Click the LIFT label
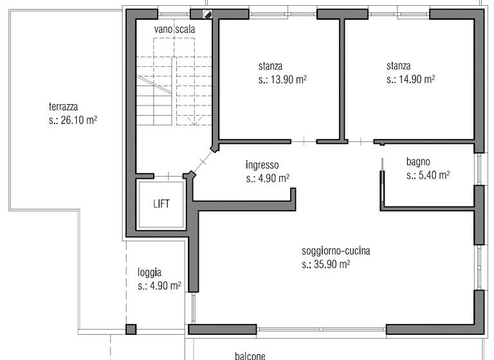161,204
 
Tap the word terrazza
64,107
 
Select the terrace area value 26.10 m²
73,120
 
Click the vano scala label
174,30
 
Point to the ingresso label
262,165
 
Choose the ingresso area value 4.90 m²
268,178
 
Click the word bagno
418,161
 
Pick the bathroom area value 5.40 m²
428,175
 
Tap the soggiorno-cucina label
336,251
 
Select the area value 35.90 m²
325,264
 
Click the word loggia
149,272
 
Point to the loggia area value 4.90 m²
160,286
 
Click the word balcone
249,354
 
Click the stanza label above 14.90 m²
399,66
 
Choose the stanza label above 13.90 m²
270,66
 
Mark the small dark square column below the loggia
131,330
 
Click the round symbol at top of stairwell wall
208,14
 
